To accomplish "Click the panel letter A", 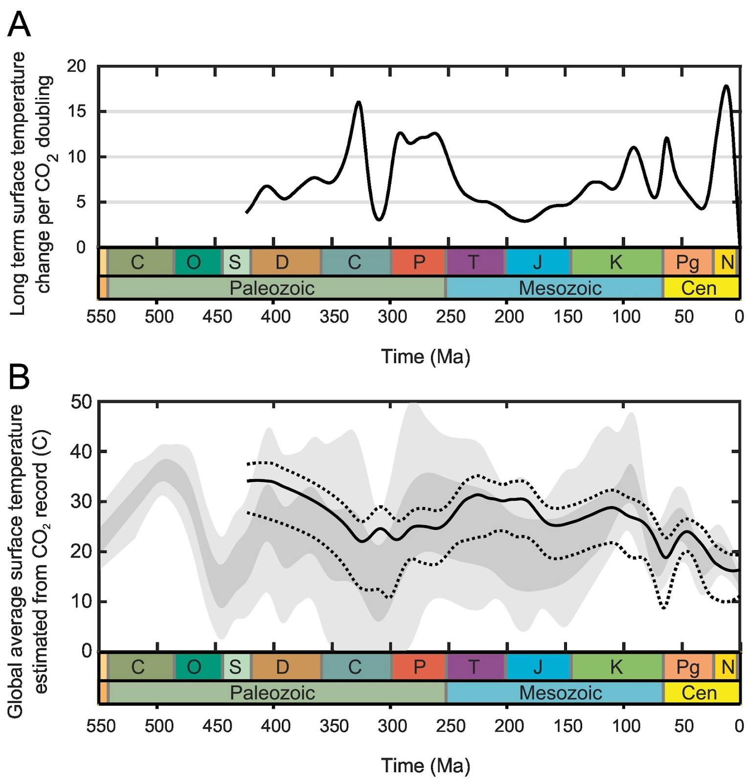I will point(19,24).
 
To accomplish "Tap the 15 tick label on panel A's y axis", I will point(76,112).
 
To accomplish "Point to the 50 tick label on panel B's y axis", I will point(81,402).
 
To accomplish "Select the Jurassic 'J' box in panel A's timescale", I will point(538,262).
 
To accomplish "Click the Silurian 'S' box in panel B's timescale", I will point(235,667).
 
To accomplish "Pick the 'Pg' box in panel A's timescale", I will point(687,262).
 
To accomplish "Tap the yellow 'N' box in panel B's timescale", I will point(727,667).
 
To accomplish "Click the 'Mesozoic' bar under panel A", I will point(560,288).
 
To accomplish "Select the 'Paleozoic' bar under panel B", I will point(272,693).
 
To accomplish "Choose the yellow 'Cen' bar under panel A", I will point(699,288).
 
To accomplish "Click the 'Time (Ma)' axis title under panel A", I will point(426,356).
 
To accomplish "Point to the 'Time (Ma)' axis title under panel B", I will point(426,765).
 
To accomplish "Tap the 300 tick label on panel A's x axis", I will point(392,317).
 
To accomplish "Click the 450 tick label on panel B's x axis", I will point(217,726).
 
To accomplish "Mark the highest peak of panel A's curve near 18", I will point(726,86).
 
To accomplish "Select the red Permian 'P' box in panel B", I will point(419,667).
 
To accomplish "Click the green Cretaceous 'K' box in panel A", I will point(616,262).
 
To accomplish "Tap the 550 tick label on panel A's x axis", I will point(101,317).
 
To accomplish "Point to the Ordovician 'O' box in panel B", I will point(194,667).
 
